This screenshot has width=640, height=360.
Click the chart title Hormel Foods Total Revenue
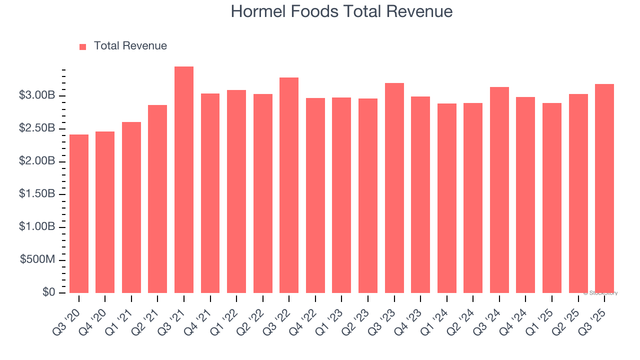(341, 11)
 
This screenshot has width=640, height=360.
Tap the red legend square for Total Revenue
(83, 46)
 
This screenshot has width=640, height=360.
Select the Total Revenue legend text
(130, 46)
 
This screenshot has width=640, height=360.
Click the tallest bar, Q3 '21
(184, 180)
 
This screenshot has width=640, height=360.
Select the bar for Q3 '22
(289, 185)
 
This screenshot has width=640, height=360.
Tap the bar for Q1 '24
(446, 198)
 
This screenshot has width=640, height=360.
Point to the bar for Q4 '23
(420, 194)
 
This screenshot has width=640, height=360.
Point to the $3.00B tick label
(37, 95)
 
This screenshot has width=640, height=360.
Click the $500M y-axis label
(37, 260)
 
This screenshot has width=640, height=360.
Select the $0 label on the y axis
(48, 292)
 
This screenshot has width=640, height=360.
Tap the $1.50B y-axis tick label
(37, 194)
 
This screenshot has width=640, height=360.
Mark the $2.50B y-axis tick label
(37, 128)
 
